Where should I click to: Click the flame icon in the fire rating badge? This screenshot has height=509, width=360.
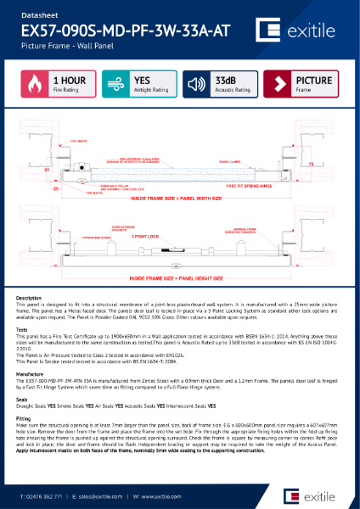pyautogui.click(x=32, y=84)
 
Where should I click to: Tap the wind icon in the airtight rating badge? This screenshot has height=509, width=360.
pyautogui.click(x=114, y=84)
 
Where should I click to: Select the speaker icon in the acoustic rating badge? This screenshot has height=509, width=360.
pyautogui.click(x=196, y=84)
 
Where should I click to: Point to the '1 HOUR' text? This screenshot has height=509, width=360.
pyautogui.click(x=68, y=81)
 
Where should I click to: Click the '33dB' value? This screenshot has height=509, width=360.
pyautogui.click(x=226, y=81)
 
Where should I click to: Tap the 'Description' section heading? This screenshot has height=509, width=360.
pyautogui.click(x=29, y=299)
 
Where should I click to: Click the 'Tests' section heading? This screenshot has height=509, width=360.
pyautogui.click(x=24, y=331)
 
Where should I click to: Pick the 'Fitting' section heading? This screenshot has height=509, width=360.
pyautogui.click(x=25, y=418)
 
